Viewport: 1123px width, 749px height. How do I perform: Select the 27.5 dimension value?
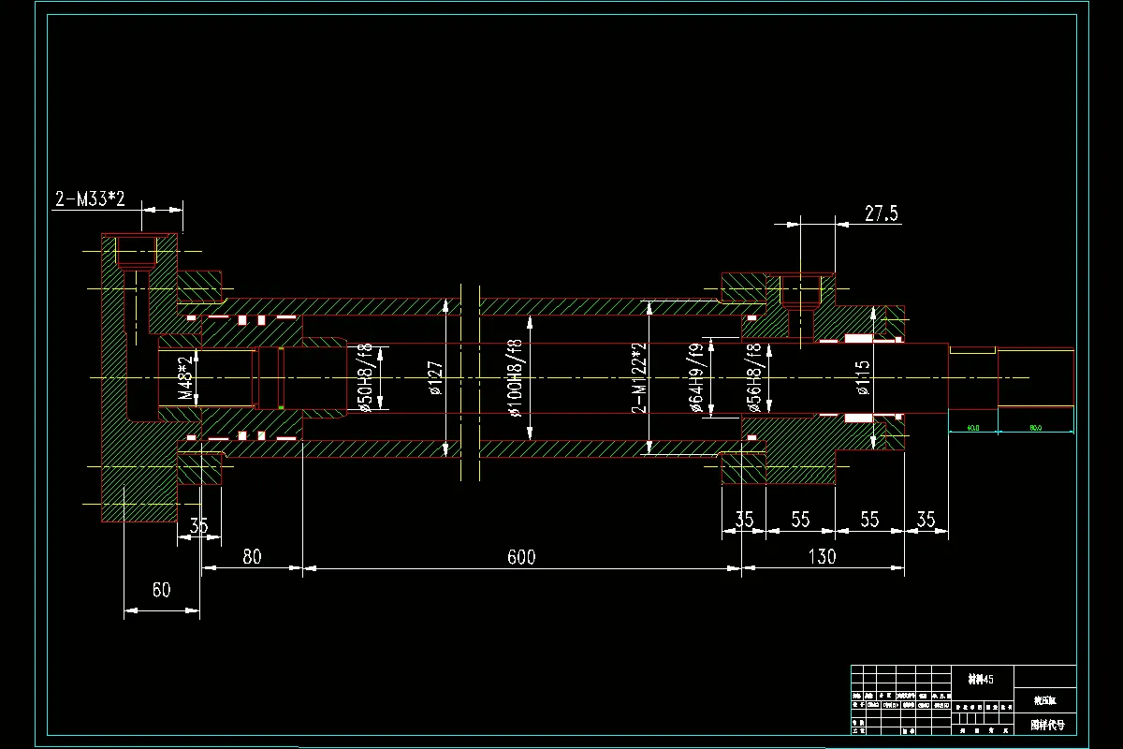(881, 213)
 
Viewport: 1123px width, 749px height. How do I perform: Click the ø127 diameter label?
(435, 377)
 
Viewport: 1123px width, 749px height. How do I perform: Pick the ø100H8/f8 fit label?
(513, 378)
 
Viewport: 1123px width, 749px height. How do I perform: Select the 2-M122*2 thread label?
(640, 378)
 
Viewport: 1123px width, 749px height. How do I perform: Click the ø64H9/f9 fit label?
(696, 378)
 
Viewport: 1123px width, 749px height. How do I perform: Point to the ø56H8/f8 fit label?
(752, 378)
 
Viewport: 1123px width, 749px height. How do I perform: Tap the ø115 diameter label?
(862, 378)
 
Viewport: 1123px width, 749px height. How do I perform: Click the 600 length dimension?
(521, 557)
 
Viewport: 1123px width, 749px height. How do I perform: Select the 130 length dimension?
(821, 557)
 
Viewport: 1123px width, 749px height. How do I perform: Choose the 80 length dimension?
(251, 557)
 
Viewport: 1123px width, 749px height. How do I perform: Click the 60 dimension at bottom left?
(161, 590)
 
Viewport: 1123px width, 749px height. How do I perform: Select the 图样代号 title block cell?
(1046, 725)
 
